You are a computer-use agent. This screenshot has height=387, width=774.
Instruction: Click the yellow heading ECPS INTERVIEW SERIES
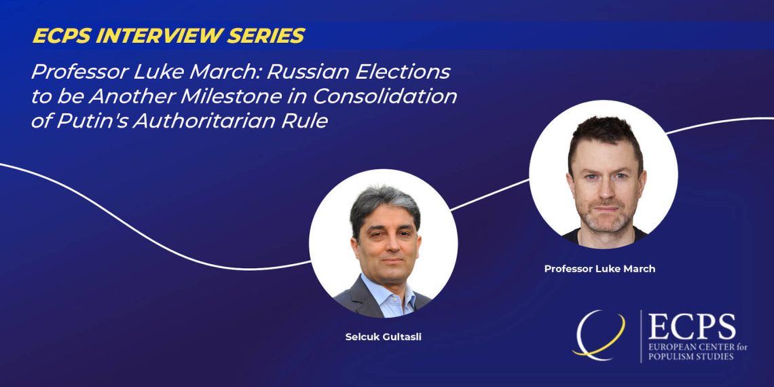click(169, 35)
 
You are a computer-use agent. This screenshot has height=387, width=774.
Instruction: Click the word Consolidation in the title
click(384, 96)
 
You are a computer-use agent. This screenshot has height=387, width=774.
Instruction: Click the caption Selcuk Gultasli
click(383, 338)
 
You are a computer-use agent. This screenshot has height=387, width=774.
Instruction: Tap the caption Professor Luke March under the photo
click(600, 269)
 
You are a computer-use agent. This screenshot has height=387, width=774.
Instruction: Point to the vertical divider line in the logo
click(641, 336)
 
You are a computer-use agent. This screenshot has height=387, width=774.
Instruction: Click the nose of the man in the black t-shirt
click(606, 187)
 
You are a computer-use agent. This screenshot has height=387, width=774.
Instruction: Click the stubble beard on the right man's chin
click(606, 220)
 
